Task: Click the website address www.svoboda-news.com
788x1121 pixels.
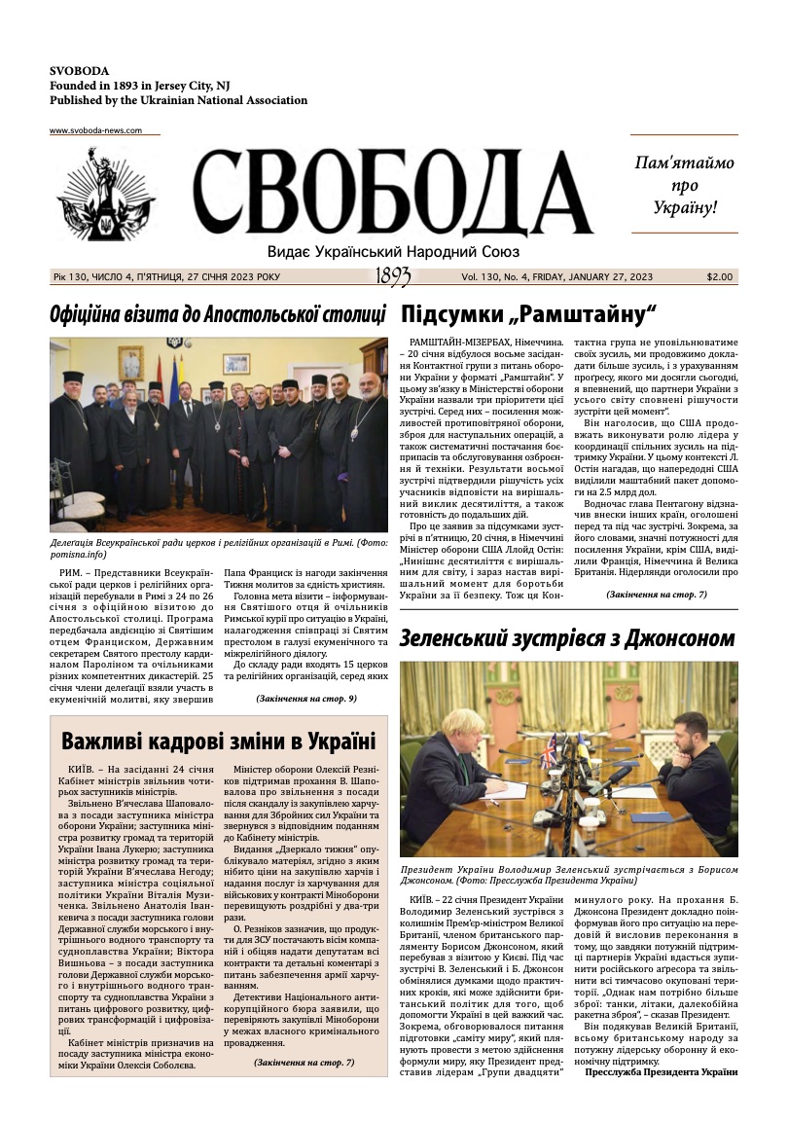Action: [x=95, y=130]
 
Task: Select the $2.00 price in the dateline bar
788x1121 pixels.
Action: [x=720, y=277]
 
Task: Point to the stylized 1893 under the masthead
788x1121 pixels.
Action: [x=392, y=277]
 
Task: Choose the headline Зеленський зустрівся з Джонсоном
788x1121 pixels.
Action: [x=567, y=638]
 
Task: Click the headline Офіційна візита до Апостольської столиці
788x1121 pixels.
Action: [x=218, y=314]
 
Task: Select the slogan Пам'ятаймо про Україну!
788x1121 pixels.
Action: [x=684, y=185]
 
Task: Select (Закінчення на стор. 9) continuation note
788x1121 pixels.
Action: [x=306, y=699]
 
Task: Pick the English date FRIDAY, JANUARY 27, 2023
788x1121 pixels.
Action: [x=587, y=277]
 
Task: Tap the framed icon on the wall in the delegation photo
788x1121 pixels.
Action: [x=130, y=363]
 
